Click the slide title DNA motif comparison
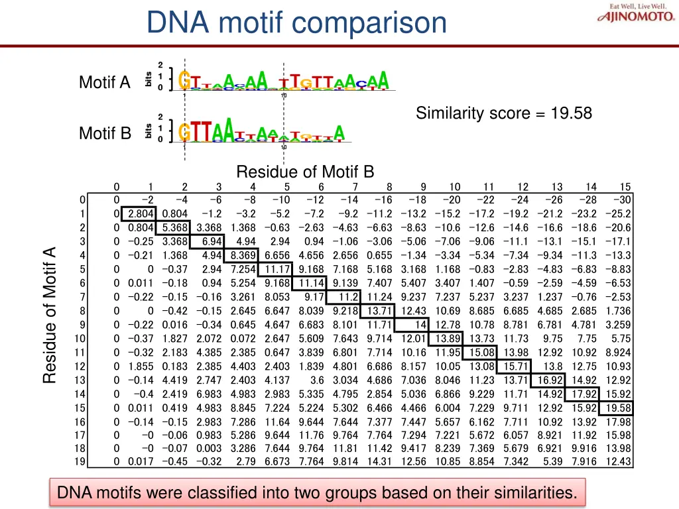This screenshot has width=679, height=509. point(296,23)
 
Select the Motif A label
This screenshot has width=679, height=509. point(105,83)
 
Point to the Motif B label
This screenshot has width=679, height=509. point(105,133)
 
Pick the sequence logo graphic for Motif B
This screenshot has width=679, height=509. point(262,131)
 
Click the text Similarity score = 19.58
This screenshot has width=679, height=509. point(504,113)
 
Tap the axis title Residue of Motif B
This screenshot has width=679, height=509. point(305,172)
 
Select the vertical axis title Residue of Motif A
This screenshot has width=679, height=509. point(49,314)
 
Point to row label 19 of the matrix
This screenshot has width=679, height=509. point(81,461)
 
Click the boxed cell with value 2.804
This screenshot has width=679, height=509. point(141,213)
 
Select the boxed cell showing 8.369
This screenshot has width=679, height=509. point(243,255)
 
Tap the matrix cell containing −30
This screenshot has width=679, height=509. point(623,200)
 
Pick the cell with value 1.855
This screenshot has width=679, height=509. point(141,367)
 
